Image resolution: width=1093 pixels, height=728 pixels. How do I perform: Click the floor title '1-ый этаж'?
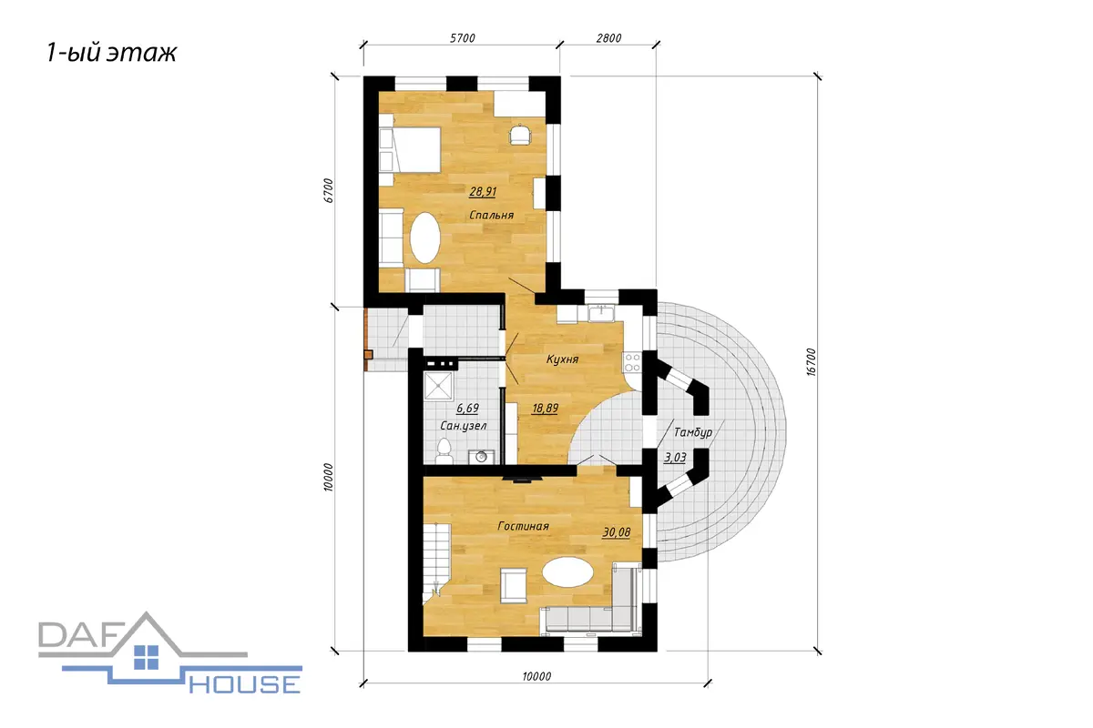click(111, 53)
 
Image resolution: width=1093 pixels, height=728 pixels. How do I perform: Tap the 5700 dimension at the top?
click(462, 38)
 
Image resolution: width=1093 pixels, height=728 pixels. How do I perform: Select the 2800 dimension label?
click(608, 38)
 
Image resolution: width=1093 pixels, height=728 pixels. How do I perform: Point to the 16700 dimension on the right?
click(811, 362)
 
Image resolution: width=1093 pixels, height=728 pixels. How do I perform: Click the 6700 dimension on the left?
click(329, 191)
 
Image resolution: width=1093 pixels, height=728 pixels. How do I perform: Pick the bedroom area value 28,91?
click(483, 192)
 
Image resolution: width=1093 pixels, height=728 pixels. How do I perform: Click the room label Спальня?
click(491, 215)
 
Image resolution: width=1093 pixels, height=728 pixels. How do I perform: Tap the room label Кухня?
click(562, 359)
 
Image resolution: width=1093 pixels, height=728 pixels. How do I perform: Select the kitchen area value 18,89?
click(545, 408)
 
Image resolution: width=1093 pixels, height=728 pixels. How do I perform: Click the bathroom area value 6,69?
click(467, 408)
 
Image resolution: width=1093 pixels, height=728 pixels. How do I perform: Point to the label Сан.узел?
click(463, 426)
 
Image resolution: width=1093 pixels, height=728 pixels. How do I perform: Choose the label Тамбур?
click(693, 432)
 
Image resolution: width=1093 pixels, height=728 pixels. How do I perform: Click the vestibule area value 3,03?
click(675, 458)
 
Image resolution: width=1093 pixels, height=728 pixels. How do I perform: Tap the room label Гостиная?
click(523, 526)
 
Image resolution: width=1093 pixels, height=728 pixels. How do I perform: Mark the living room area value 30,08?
click(617, 532)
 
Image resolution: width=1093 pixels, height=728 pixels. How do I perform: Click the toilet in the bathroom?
click(444, 451)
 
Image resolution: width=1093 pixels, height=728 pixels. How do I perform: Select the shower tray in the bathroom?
click(439, 387)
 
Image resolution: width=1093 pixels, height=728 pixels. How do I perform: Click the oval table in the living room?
click(568, 572)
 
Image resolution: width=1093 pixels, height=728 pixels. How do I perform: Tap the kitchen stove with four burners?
click(632, 362)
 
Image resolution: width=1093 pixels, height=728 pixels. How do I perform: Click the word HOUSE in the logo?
click(245, 684)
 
